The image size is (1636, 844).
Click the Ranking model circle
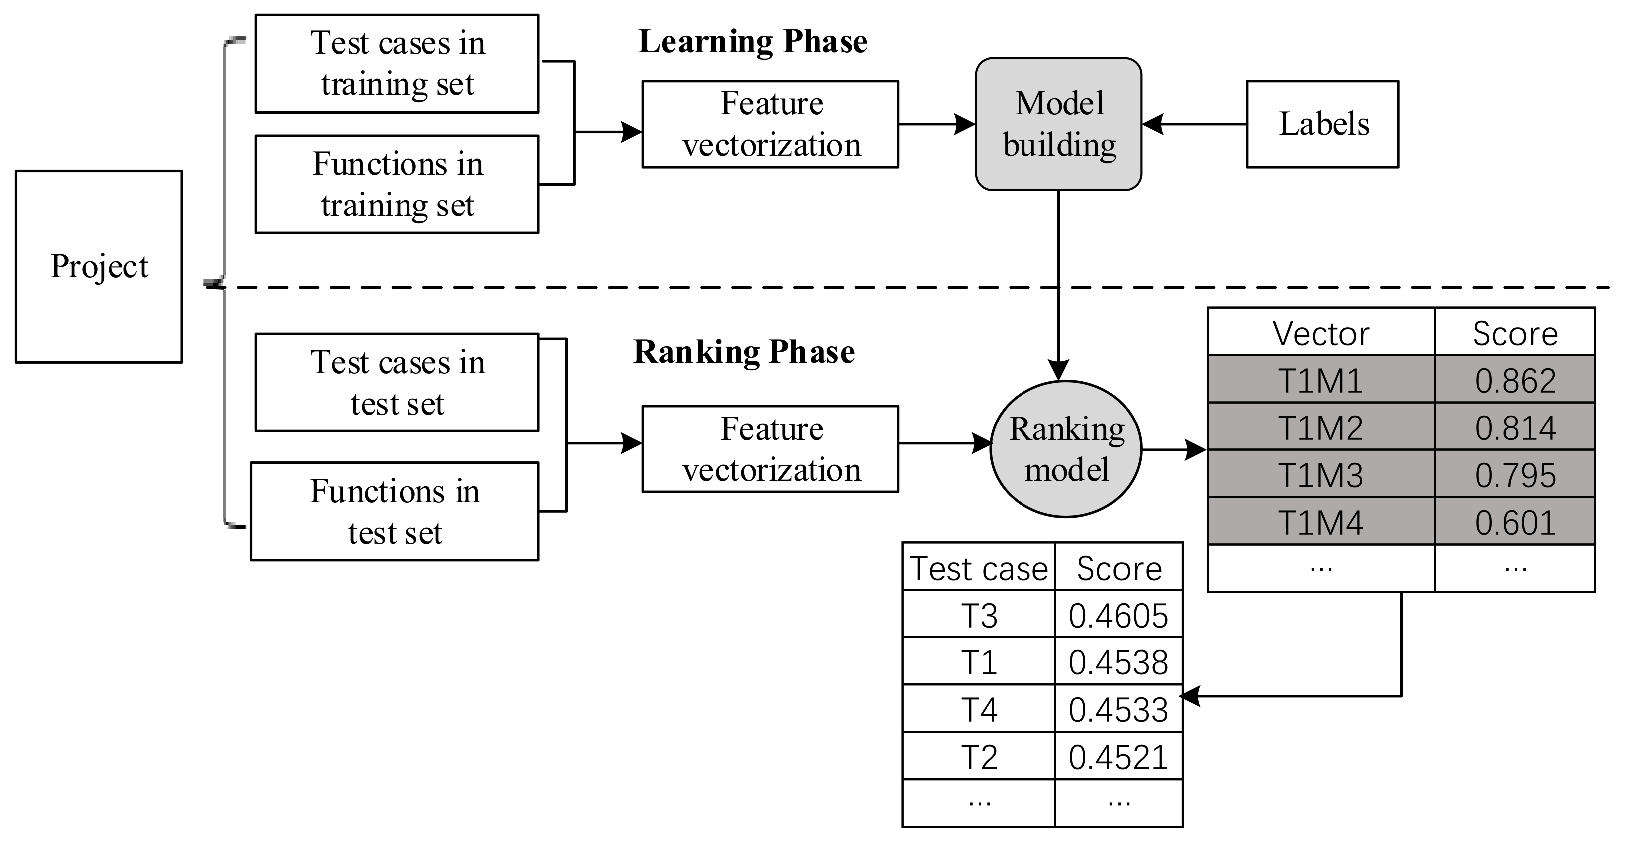click(1066, 449)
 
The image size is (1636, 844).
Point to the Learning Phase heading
click(753, 42)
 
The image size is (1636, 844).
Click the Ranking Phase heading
click(744, 352)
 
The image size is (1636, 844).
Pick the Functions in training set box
click(397, 184)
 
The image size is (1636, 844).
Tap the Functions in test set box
click(395, 511)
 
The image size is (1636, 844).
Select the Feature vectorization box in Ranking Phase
click(771, 449)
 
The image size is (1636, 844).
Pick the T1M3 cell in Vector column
click(1320, 474)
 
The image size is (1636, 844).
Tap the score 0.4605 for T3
click(1118, 614)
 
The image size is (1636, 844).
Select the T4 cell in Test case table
click(978, 709)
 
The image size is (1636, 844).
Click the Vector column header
click(1320, 332)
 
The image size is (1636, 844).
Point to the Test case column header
click(978, 567)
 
